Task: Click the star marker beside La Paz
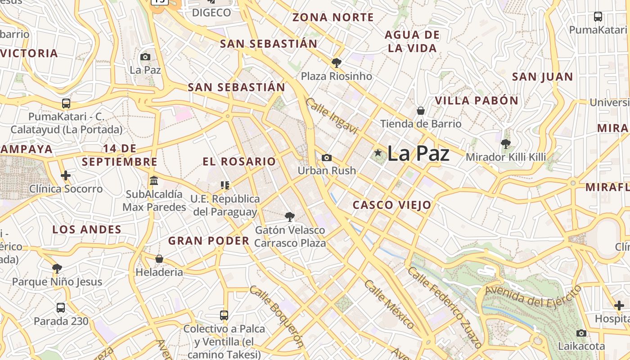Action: pos(378,153)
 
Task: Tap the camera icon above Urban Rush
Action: pos(327,157)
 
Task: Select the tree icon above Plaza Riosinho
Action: pos(336,63)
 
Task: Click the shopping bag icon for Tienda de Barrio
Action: pos(421,110)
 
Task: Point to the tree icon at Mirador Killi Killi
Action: pos(506,144)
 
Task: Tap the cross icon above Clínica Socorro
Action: pos(66,175)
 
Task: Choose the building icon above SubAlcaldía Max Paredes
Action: pos(154,180)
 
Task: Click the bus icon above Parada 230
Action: pos(61,308)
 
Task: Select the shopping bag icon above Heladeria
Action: pos(159,259)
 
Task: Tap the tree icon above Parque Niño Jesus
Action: pos(57,269)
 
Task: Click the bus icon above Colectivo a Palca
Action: pos(224,315)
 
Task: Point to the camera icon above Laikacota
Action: pos(581,333)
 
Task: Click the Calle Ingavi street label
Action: pos(331,116)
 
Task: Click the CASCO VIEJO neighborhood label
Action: pos(392,205)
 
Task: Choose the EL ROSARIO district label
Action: pos(239,162)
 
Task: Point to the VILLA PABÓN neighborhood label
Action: pos(477,100)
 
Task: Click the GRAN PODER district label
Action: pos(209,241)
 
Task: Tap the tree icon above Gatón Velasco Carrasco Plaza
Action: pos(290,217)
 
